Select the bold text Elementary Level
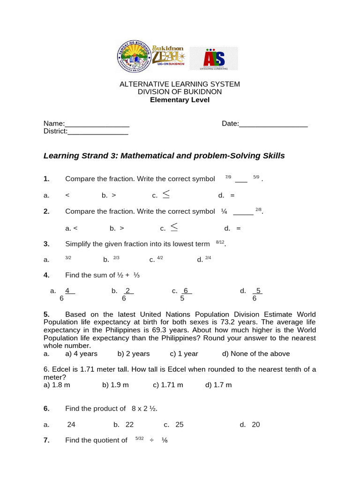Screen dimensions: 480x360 180,100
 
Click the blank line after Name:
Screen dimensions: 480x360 97,124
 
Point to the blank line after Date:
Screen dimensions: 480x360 273,124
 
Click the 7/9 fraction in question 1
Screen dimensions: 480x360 228,177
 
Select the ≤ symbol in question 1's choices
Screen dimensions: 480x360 166,194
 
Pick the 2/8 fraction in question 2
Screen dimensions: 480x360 258,210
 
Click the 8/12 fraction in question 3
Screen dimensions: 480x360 220,242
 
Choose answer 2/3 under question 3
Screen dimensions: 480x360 116,258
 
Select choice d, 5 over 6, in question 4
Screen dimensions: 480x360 257,294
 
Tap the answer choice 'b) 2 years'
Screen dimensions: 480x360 134,354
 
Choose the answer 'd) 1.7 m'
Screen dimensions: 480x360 218,385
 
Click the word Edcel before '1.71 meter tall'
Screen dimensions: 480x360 61,369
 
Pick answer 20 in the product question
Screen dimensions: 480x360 255,425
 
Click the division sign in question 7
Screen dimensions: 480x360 151,440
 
